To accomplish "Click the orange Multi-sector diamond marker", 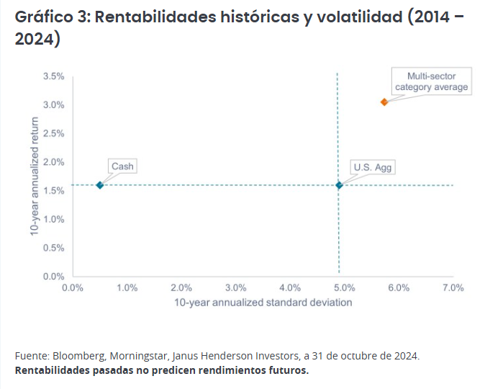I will point(384,102).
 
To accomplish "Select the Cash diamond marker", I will point(100,185).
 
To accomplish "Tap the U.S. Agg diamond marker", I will point(340,185).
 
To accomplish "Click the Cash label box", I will point(122,166).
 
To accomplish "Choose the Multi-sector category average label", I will point(431,81).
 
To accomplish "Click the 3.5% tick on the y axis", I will point(54,76).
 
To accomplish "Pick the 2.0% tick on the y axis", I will point(54,162).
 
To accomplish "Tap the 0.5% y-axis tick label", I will point(54,248).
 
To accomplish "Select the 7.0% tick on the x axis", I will point(453,287).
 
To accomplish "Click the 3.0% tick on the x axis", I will point(236,287).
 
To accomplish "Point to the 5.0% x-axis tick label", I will point(345,287).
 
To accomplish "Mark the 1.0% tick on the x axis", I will point(127,287).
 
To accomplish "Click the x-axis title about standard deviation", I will point(263,303).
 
